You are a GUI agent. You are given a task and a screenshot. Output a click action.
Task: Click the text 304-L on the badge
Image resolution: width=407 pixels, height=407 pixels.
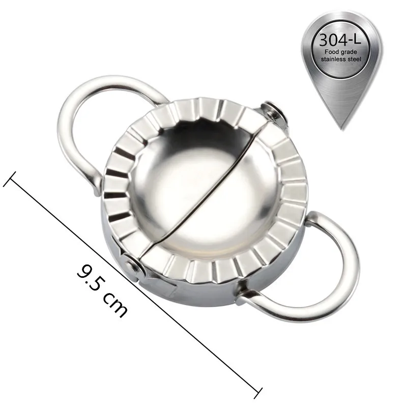[340, 40]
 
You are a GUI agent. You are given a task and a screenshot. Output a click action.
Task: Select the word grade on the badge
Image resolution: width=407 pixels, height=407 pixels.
[348, 52]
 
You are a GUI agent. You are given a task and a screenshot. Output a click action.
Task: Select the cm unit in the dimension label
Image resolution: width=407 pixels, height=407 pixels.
[115, 306]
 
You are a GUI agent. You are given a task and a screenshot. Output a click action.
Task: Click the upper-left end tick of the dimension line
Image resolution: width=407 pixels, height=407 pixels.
[10, 179]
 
